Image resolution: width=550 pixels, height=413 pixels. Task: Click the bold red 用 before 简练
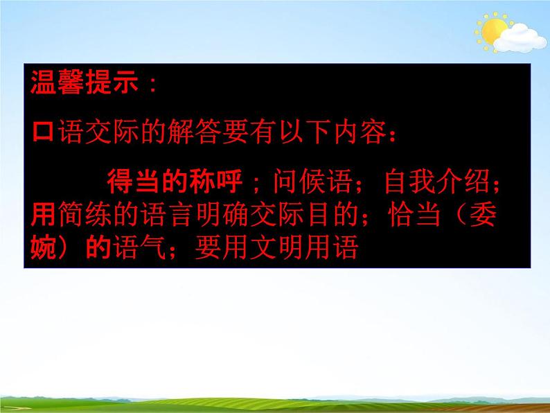(45, 215)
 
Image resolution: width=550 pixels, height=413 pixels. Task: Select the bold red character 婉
(45, 247)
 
